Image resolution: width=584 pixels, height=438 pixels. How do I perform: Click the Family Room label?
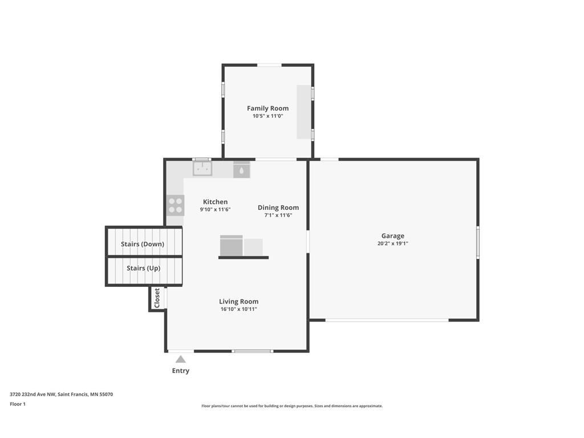[x=268, y=108]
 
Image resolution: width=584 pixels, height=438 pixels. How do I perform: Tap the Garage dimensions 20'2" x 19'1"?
[x=392, y=244]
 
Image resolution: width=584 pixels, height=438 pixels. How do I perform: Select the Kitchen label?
[x=215, y=202]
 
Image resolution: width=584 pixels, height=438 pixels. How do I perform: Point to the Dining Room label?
[x=278, y=208]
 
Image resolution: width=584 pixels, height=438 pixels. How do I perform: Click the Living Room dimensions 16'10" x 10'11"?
[x=239, y=309]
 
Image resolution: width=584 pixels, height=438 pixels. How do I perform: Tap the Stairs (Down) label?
[x=143, y=244]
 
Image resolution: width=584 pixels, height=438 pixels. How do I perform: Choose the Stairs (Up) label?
[x=143, y=268]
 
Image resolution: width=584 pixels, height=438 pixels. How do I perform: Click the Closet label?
[x=157, y=298]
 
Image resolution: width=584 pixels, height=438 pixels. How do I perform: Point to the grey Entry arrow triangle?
[x=181, y=359]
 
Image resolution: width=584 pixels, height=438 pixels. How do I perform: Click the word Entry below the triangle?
[x=181, y=371]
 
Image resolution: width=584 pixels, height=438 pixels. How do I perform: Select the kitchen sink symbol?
[x=202, y=168]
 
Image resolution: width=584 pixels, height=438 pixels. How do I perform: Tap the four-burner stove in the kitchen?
[x=176, y=205]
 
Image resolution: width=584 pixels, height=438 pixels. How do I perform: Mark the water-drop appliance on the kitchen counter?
[x=242, y=170]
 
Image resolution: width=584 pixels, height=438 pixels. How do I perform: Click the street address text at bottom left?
[x=62, y=394]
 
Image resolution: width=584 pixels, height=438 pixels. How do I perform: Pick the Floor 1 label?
[x=18, y=404]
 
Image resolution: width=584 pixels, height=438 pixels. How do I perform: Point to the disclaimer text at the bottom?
[x=292, y=406]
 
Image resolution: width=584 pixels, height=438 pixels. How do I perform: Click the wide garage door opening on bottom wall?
[x=387, y=320]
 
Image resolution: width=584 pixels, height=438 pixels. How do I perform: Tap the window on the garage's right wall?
[x=478, y=242]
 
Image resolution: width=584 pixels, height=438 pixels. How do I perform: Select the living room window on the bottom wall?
[x=253, y=351]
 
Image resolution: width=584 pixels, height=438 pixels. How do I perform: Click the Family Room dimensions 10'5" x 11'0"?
[x=268, y=116]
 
